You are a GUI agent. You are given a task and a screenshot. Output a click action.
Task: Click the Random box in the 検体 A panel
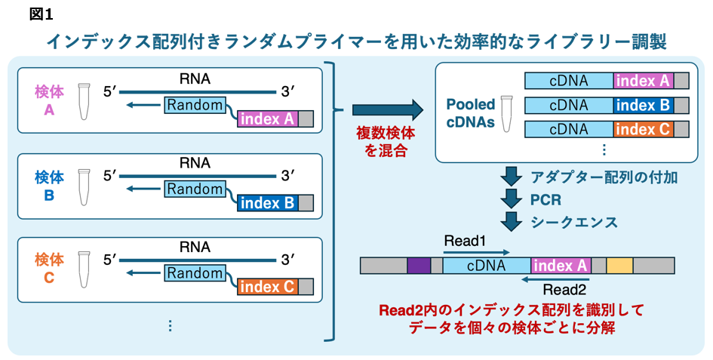(195, 105)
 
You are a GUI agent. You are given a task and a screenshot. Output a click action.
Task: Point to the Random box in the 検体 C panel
(195, 273)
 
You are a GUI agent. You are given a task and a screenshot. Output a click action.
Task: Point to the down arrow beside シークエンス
(513, 222)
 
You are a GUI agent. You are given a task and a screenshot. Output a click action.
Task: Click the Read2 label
(565, 288)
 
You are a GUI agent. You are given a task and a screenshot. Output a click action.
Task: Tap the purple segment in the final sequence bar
(418, 265)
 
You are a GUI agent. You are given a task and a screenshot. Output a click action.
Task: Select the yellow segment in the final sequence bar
(619, 265)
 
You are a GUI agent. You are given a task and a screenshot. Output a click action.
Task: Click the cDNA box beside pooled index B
(569, 105)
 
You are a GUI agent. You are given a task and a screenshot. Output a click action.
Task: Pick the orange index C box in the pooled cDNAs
(643, 129)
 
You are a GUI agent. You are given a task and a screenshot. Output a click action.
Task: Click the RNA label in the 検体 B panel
(195, 162)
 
